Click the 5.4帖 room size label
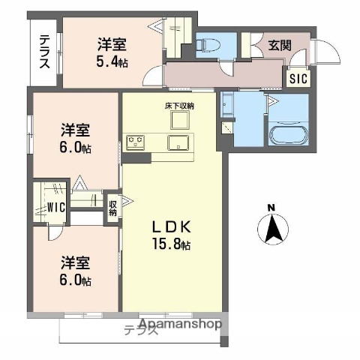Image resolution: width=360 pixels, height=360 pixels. tap(112, 62)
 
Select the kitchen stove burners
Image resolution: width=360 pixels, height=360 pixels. tap(136, 139)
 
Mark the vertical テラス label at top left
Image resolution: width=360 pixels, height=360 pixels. tap(45, 51)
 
